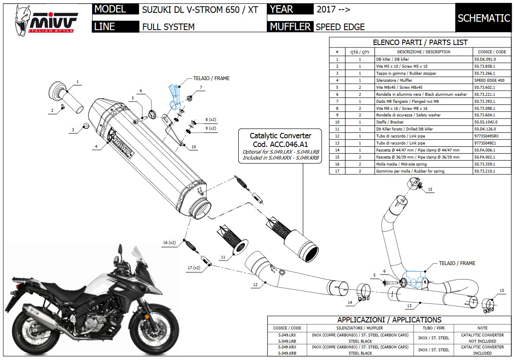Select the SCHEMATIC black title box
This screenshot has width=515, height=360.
pos(484,18)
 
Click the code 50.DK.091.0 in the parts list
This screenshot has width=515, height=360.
pos(485,59)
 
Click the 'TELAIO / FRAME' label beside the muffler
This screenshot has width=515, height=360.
pos(211,78)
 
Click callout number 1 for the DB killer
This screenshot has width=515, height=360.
pos(77,81)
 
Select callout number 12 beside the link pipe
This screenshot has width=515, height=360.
pos(255,284)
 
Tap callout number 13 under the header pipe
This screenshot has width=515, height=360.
pos(409,306)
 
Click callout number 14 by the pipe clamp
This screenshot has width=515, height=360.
pos(349,303)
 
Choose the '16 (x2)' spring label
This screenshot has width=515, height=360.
pos(169,243)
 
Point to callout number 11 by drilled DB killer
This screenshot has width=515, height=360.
pos(223,257)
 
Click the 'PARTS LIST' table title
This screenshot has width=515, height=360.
pos(420,42)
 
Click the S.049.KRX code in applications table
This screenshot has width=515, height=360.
pos(287,347)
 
